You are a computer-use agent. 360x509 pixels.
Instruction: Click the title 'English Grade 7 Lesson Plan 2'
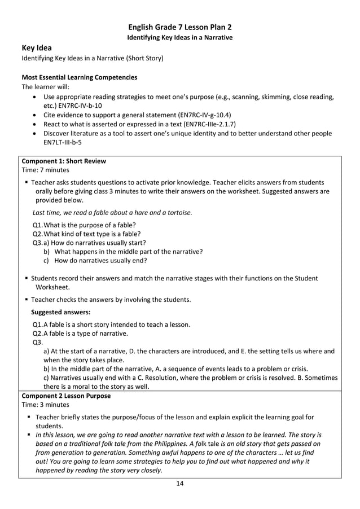179,27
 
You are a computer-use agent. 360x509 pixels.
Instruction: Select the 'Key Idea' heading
37,48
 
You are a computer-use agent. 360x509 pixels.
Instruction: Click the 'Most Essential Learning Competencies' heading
79,77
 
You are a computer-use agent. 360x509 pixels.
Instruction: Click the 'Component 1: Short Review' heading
63,161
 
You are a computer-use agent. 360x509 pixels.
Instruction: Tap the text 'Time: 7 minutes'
45,170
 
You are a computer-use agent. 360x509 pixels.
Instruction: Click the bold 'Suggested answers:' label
60,311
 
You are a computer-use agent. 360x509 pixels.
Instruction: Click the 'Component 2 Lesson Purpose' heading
66,396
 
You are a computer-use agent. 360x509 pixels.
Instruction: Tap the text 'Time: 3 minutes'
45,405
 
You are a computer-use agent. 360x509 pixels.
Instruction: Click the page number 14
179,483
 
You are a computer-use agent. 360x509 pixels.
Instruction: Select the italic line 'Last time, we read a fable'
112,213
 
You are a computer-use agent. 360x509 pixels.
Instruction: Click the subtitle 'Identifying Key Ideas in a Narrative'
179,37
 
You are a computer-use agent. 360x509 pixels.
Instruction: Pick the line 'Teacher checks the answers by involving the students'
111,299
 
